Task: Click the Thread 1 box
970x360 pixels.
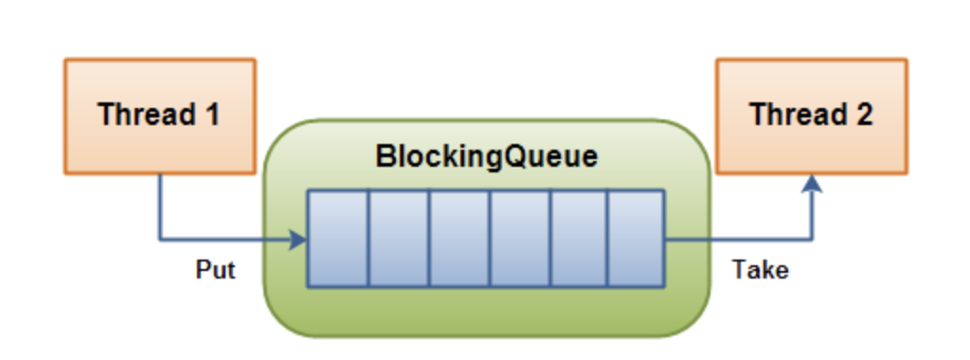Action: click(159, 116)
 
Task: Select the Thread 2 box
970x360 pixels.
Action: click(811, 116)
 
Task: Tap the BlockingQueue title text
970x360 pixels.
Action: click(486, 155)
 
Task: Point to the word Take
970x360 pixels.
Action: click(760, 270)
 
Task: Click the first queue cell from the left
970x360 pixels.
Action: click(337, 238)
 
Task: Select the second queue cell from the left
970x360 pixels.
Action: click(398, 238)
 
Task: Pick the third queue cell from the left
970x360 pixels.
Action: click(458, 238)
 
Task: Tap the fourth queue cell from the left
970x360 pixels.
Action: click(519, 238)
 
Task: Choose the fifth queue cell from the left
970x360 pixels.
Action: click(579, 238)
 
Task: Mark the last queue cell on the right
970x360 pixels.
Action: click(636, 238)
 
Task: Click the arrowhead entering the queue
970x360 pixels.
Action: click(299, 239)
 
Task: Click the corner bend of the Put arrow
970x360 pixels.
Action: click(160, 239)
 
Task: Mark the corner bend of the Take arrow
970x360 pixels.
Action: click(812, 239)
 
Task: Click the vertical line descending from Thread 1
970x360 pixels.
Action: click(160, 207)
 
